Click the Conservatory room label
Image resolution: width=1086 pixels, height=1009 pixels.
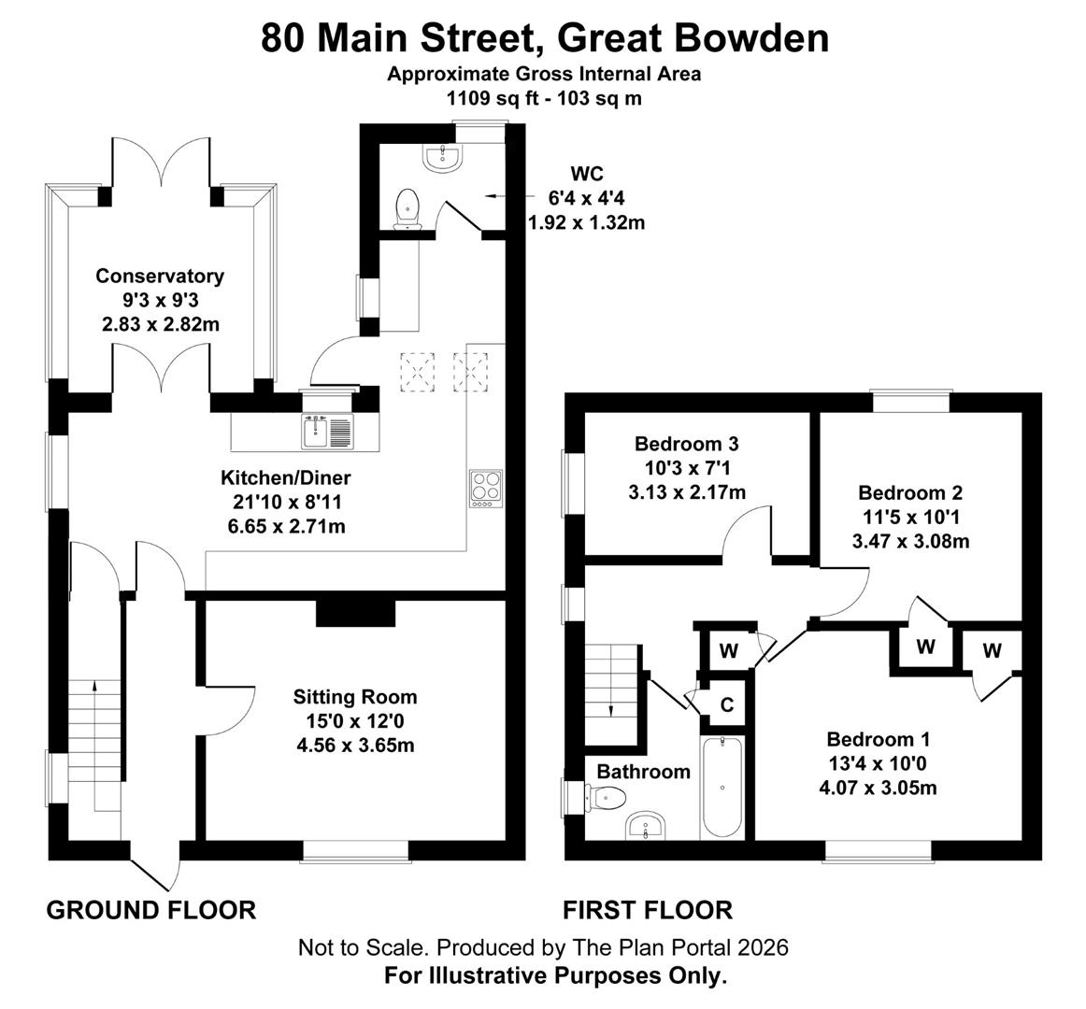pyautogui.click(x=160, y=276)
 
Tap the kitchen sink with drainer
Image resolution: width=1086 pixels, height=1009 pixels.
pyautogui.click(x=327, y=432)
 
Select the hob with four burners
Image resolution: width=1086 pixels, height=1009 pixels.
pyautogui.click(x=485, y=489)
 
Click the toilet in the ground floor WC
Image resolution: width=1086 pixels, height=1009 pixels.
pyautogui.click(x=407, y=208)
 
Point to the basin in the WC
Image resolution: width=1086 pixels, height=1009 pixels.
pyautogui.click(x=441, y=158)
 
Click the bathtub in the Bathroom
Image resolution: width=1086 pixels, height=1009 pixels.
pyautogui.click(x=722, y=789)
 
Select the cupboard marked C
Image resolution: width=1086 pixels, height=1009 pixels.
pyautogui.click(x=726, y=704)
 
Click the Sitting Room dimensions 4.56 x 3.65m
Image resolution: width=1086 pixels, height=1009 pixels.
pyautogui.click(x=355, y=746)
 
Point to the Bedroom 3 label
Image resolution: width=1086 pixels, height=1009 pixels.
pyautogui.click(x=686, y=443)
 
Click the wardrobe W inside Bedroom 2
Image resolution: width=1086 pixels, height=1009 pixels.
pyautogui.click(x=925, y=647)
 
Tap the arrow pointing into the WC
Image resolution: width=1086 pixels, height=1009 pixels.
pyautogui.click(x=495, y=197)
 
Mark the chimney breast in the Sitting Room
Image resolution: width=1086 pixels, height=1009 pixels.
pyautogui.click(x=355, y=614)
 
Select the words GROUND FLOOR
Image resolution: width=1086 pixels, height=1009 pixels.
pyautogui.click(x=151, y=909)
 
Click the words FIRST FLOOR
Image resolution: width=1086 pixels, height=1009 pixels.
pyautogui.click(x=648, y=909)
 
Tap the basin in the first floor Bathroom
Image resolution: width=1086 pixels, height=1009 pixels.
pyautogui.click(x=646, y=826)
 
